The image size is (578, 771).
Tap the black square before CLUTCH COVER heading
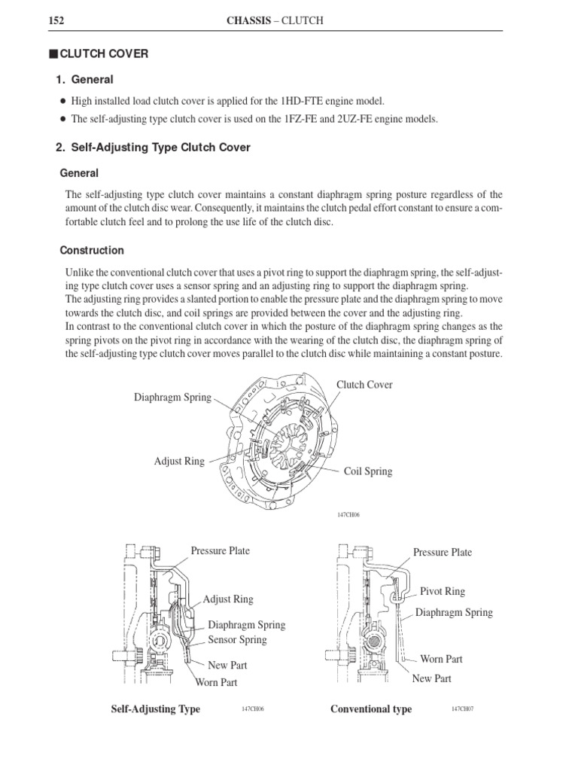52,53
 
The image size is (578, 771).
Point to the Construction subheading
92,250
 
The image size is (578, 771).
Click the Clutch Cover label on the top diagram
364,385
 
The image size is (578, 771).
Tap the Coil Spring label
368,471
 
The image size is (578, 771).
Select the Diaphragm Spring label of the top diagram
173,397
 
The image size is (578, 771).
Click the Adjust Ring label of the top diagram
179,461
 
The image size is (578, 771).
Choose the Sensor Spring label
237,640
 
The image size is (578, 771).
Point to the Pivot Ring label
443,592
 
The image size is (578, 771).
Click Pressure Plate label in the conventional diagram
443,552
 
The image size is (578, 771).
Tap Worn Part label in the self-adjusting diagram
216,682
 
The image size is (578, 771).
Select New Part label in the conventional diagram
432,678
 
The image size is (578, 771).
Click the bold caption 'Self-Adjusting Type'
156,709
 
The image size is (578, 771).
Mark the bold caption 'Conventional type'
372,709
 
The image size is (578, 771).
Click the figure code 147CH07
462,709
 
